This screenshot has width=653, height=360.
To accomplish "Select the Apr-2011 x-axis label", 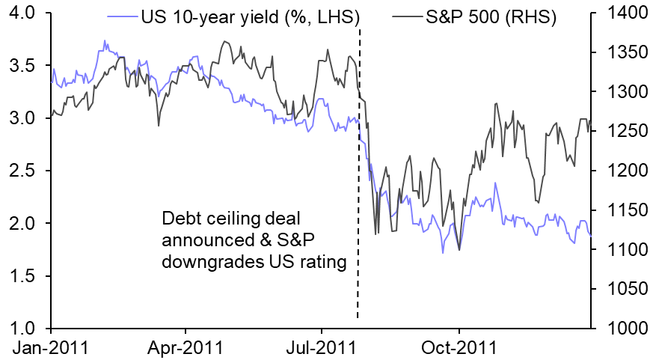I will (x=186, y=348).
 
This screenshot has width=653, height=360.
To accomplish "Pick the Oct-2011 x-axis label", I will (x=459, y=348).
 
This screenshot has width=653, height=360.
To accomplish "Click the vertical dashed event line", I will (x=358, y=187).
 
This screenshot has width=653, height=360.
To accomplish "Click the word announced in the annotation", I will (x=200, y=240).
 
